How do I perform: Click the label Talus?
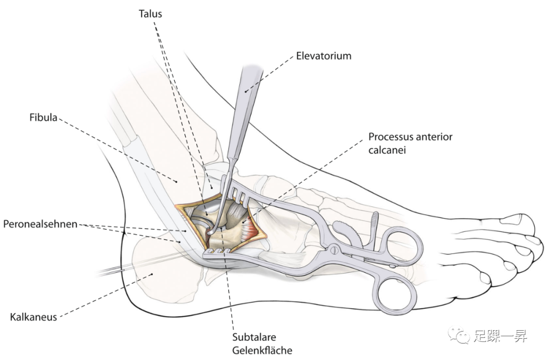click(150, 14)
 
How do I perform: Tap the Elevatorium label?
click(323, 56)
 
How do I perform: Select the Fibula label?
click(44, 119)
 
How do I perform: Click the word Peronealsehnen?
click(40, 223)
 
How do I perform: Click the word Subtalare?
click(254, 337)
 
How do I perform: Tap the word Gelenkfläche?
click(262, 350)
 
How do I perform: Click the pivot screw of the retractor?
click(334, 249)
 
